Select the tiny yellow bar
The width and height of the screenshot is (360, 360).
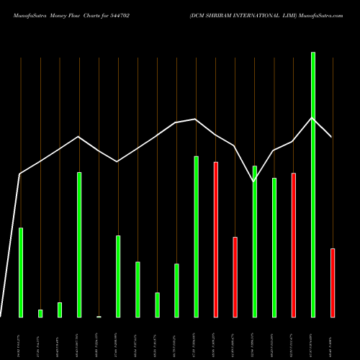point(99,316)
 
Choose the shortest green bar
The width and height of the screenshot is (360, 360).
point(40,313)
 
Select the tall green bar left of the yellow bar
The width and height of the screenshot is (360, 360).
point(79,244)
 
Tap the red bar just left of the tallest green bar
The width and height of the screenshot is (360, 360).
point(293,245)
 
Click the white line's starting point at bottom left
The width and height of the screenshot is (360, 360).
point(1,316)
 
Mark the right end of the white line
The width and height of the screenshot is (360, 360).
point(331,136)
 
